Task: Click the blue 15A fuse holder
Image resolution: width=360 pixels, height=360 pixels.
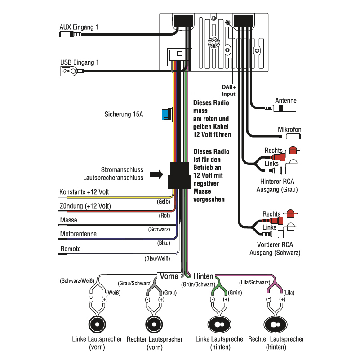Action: pos(166,115)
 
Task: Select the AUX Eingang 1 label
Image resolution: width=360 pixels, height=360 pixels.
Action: pos(79,27)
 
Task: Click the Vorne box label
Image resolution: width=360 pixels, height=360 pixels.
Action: pos(169,276)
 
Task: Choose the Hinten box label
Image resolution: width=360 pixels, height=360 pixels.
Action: pos(203,276)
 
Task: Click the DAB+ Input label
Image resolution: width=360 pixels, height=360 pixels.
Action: pos(228,90)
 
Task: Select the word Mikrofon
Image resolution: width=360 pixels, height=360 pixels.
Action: pos(289,129)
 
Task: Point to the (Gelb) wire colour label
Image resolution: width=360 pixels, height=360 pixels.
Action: pos(163,202)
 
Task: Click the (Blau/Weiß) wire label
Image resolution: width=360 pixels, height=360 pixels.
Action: pos(157,259)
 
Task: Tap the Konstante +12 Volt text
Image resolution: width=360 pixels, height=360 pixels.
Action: pos(84,192)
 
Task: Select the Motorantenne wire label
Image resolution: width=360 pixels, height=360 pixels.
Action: pos(78,234)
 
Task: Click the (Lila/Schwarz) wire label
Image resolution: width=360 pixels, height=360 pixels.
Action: pos(254,282)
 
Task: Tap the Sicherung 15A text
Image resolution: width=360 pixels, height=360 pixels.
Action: pos(124,115)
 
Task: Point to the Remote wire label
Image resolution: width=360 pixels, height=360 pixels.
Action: pos(71,249)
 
